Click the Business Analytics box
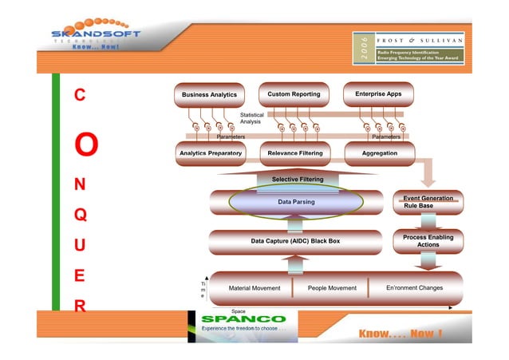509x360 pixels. (x=209, y=95)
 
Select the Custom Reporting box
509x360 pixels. (x=294, y=94)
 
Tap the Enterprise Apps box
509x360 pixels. (x=378, y=94)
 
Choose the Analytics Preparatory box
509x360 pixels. (x=209, y=152)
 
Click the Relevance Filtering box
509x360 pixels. (x=294, y=152)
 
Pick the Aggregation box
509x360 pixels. (x=379, y=152)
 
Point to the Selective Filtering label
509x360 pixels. (x=297, y=180)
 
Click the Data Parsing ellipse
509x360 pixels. (x=296, y=203)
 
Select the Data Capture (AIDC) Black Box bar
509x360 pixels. (x=295, y=240)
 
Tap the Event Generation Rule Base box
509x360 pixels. (x=428, y=202)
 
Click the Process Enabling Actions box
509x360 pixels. (x=428, y=240)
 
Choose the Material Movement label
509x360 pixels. (x=254, y=287)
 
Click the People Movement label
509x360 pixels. (x=332, y=287)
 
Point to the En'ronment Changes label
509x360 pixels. (x=414, y=287)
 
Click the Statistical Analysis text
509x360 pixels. (x=252, y=118)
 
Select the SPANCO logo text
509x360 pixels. (x=237, y=320)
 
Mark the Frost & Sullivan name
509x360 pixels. (x=420, y=39)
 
